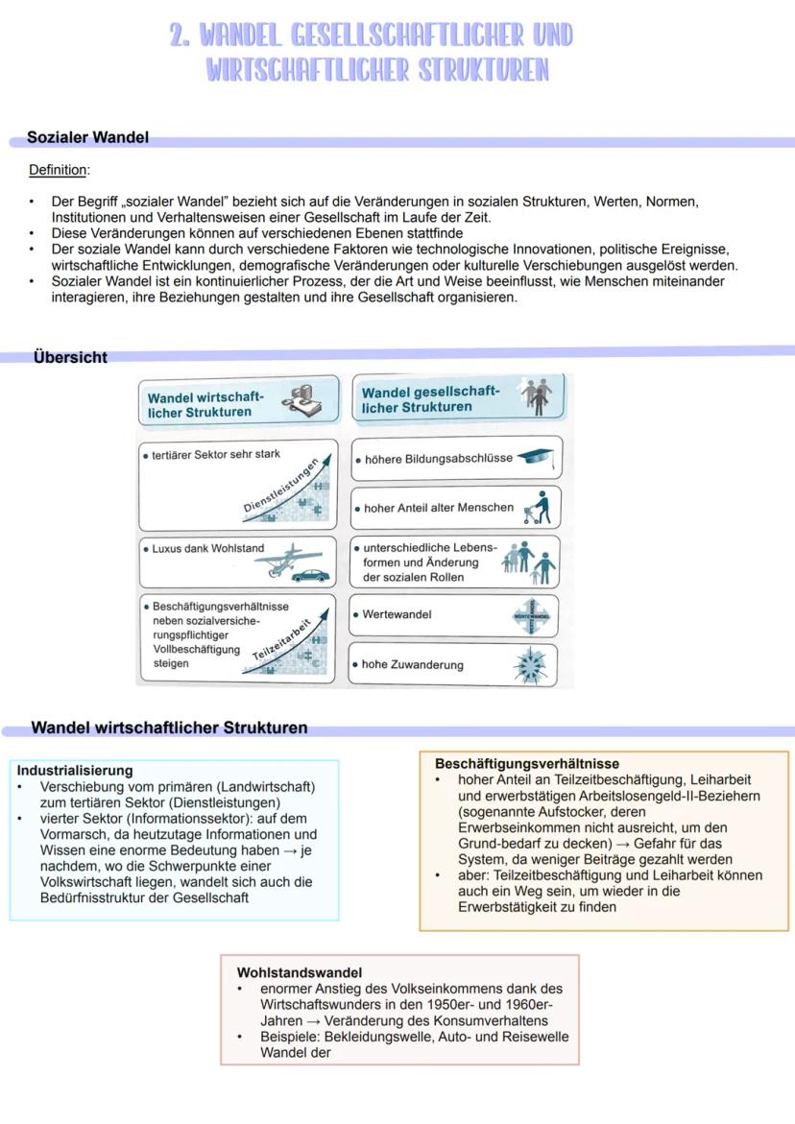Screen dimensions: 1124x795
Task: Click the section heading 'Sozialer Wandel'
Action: click(x=87, y=138)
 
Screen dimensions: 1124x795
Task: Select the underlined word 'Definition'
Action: click(x=59, y=170)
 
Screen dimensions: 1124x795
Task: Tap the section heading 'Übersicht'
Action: click(x=70, y=357)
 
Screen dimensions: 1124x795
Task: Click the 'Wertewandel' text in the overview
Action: click(x=397, y=614)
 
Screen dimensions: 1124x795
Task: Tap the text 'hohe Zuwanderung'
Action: click(x=412, y=664)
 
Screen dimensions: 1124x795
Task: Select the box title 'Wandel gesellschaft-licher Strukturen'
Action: click(x=430, y=399)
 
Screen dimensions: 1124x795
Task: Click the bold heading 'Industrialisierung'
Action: click(x=75, y=770)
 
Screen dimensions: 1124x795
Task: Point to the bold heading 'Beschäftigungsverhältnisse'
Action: click(x=527, y=764)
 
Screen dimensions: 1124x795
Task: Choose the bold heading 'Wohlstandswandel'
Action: click(x=299, y=972)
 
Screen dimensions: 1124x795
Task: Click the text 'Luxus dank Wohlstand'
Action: click(x=207, y=549)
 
